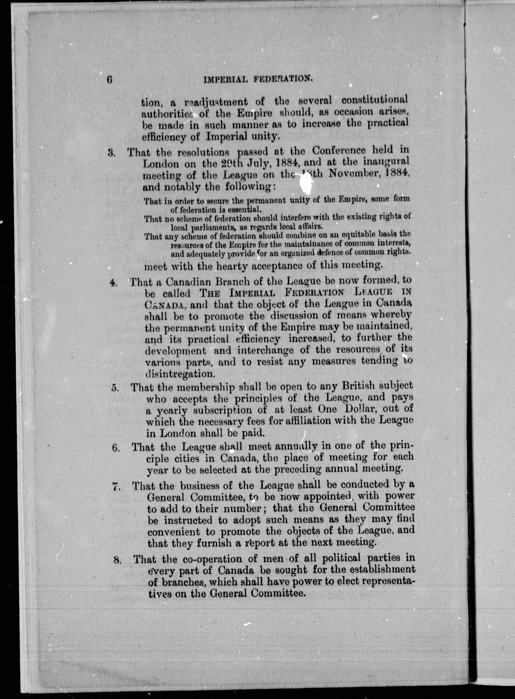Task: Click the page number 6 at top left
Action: (109, 80)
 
